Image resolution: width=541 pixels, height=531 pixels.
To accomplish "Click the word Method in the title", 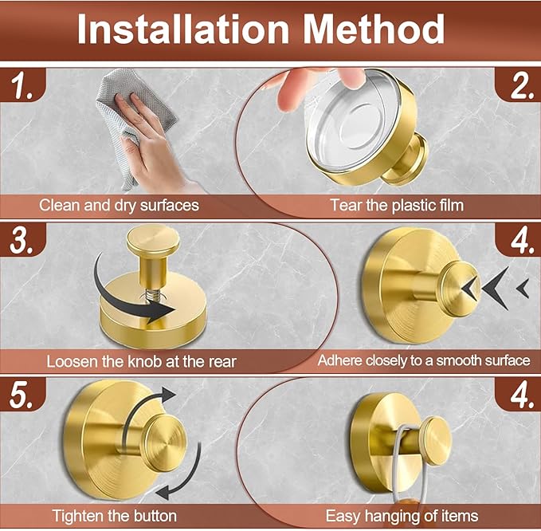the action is [374, 29].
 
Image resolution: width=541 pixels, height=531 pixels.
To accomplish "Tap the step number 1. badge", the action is [23, 86].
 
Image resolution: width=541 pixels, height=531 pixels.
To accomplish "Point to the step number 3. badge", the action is [22, 241].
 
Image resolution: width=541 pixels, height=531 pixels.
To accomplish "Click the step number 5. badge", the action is [22, 395].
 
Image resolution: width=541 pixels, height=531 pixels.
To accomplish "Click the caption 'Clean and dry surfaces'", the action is [119, 206].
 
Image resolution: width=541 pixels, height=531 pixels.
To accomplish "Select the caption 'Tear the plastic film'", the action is [397, 206].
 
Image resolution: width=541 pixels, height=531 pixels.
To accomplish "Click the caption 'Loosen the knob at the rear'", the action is [142, 362].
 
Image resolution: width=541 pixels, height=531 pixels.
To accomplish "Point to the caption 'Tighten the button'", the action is [115, 516].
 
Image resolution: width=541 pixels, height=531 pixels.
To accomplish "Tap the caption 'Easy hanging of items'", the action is [402, 516].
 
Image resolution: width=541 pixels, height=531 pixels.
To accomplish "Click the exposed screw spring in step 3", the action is [152, 294].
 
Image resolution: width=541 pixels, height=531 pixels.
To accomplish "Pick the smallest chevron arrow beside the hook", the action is [523, 289].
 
